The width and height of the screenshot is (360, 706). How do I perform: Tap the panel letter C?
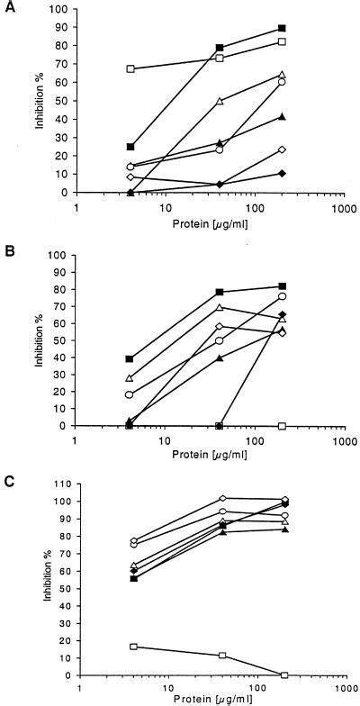click(8, 477)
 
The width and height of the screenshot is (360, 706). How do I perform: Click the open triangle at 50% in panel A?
click(220, 101)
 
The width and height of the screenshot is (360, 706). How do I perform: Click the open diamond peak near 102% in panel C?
click(222, 498)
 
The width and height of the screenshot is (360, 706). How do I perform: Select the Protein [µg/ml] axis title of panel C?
click(209, 698)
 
